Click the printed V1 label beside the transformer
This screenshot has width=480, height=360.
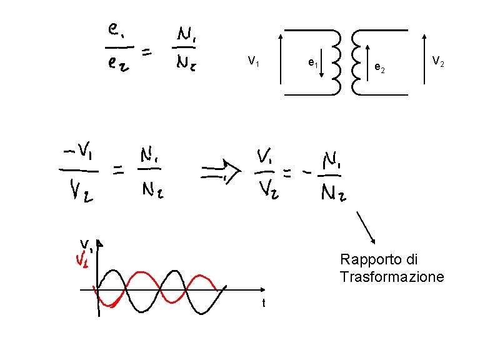[x=254, y=61]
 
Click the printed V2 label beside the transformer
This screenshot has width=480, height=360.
[x=438, y=61]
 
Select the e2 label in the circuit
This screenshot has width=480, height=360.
[x=379, y=67]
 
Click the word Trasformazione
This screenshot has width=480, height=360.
[x=392, y=276]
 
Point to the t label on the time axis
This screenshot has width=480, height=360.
[x=264, y=304]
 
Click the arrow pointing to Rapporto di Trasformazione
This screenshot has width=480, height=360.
[x=366, y=227]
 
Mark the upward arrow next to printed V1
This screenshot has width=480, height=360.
[x=281, y=61]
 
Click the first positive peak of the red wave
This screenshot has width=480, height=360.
[x=141, y=272]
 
